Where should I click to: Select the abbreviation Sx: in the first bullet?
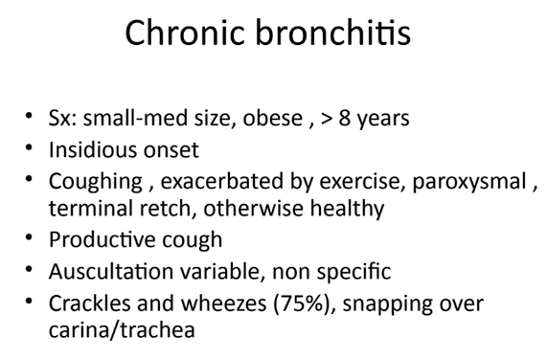coord(62,118)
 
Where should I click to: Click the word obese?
coord(272,118)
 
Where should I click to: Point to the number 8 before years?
coord(344,118)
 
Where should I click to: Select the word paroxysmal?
coord(469,182)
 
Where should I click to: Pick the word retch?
coord(166,208)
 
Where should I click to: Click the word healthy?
coord(347,209)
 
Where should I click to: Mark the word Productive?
coord(102,239)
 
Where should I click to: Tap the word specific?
coord(353,272)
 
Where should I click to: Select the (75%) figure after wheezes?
coord(302,304)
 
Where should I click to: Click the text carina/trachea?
coord(122,329)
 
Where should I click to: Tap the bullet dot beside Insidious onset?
coord(29,147)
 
